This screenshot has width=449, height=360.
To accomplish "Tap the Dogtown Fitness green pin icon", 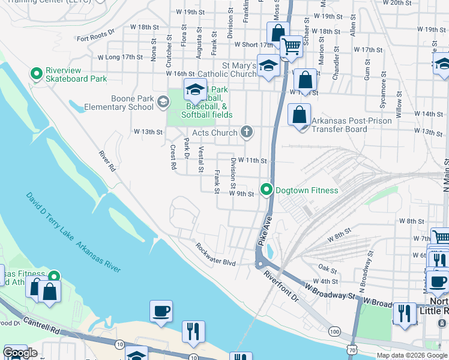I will coord(266,190).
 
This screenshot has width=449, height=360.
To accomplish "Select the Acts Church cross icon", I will coord(246,131).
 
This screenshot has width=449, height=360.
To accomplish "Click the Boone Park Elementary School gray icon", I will coord(162,102).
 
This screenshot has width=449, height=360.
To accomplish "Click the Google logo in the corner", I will coord(20,353).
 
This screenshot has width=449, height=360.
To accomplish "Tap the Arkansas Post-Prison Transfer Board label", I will coord(351,125).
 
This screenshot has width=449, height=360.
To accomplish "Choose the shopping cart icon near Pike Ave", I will coord(291,46).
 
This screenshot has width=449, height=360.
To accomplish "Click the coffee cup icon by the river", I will coord(161,311).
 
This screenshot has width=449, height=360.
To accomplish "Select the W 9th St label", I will coord(242,194).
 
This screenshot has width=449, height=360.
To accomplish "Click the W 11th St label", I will coord(252,161).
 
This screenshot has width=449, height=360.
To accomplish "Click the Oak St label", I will coord(328,268).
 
